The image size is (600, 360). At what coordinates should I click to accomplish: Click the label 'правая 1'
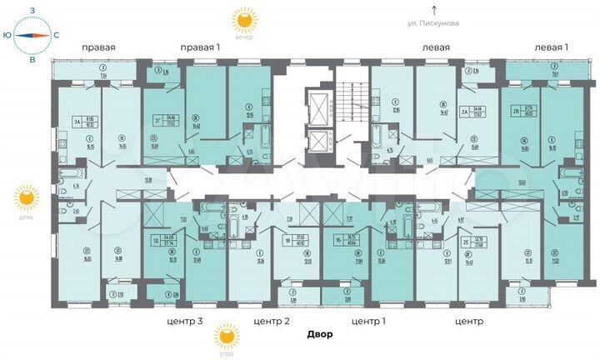pos(199,47)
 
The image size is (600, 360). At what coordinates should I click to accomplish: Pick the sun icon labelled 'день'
pos(27,197)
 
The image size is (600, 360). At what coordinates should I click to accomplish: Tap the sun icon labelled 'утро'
pos(225,336)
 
